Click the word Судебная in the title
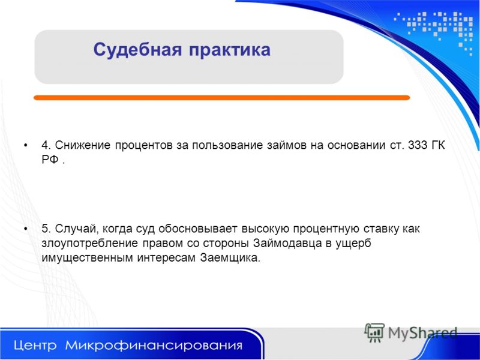click(x=137, y=50)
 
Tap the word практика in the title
click(x=230, y=50)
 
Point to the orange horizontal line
click(x=221, y=98)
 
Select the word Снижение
click(x=83, y=145)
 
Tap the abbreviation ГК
click(x=438, y=145)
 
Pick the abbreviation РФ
click(x=50, y=160)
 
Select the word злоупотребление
click(x=89, y=244)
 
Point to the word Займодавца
click(x=287, y=244)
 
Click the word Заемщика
click(x=230, y=258)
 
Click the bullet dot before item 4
click(x=26, y=145)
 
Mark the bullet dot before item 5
click(x=26, y=229)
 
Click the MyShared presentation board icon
click(x=374, y=332)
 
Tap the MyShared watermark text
click(x=422, y=333)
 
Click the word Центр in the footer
click(x=35, y=346)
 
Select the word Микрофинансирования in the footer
click(x=154, y=346)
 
